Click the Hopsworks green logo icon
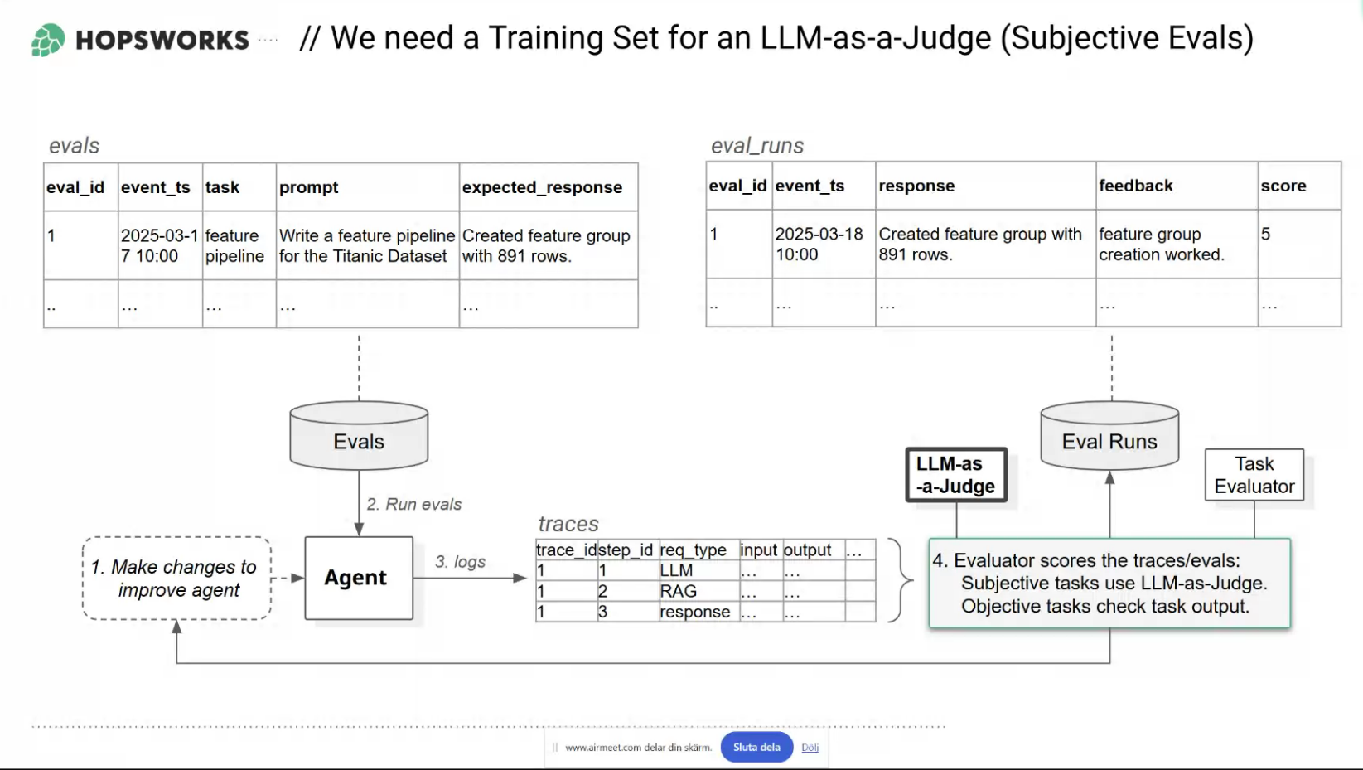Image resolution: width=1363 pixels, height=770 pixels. [x=47, y=40]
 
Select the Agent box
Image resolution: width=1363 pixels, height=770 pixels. [x=359, y=578]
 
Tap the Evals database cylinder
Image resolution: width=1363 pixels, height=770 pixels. [x=359, y=436]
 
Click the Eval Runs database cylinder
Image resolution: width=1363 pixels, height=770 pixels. [x=1109, y=436]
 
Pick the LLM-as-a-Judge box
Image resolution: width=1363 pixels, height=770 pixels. [x=956, y=475]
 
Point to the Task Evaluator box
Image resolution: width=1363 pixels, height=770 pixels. [x=1254, y=475]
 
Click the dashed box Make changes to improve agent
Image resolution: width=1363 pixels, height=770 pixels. [x=176, y=578]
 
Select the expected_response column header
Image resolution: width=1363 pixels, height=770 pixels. [x=542, y=187]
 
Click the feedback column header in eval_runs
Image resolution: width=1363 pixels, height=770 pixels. [x=1136, y=186]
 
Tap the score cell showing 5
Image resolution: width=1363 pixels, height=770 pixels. [x=1265, y=235]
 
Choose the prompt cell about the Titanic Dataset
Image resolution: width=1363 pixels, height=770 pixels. [x=366, y=246]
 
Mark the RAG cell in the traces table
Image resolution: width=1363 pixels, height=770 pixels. [x=678, y=591]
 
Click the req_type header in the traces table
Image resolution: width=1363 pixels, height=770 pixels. [x=693, y=550]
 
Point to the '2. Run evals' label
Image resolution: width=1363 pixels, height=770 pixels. [x=413, y=504]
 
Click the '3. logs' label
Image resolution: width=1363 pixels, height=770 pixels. [x=461, y=562]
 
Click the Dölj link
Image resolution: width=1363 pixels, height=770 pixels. [x=810, y=748]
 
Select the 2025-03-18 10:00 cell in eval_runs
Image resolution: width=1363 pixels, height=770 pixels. [x=819, y=245]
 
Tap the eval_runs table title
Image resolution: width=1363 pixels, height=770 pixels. [x=756, y=146]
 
